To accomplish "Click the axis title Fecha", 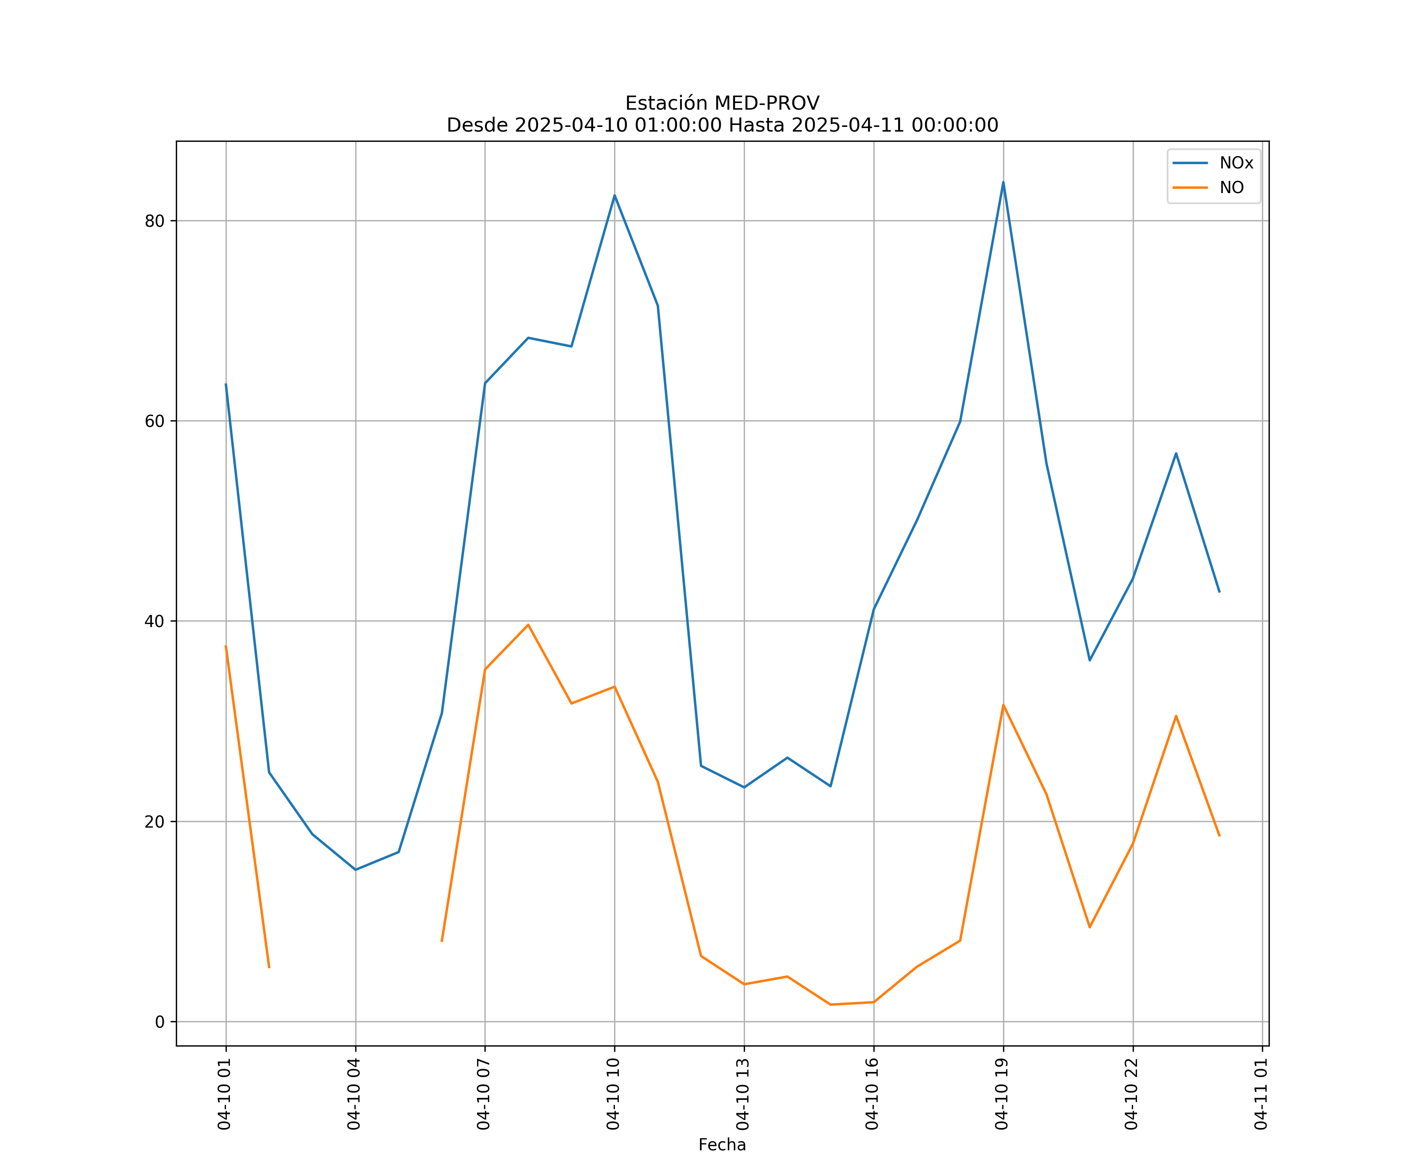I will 722,1145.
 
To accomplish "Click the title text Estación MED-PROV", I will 722,103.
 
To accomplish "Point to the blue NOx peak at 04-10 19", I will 1003,182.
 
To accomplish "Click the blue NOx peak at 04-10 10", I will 615,195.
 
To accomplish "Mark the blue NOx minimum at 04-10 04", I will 355,869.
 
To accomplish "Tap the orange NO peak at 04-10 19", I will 1003,704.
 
